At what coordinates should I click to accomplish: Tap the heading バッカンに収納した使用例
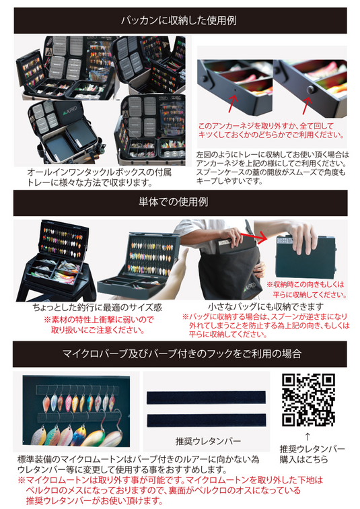pyautogui.click(x=180, y=20)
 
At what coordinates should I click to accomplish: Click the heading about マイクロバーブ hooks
pyautogui.click(x=180, y=353)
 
